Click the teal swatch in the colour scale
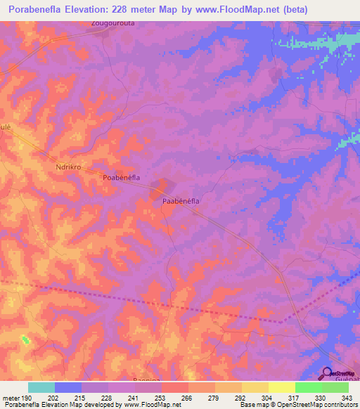coord(41,387)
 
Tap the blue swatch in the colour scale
coord(67,387)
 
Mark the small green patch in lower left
coord(26,340)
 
